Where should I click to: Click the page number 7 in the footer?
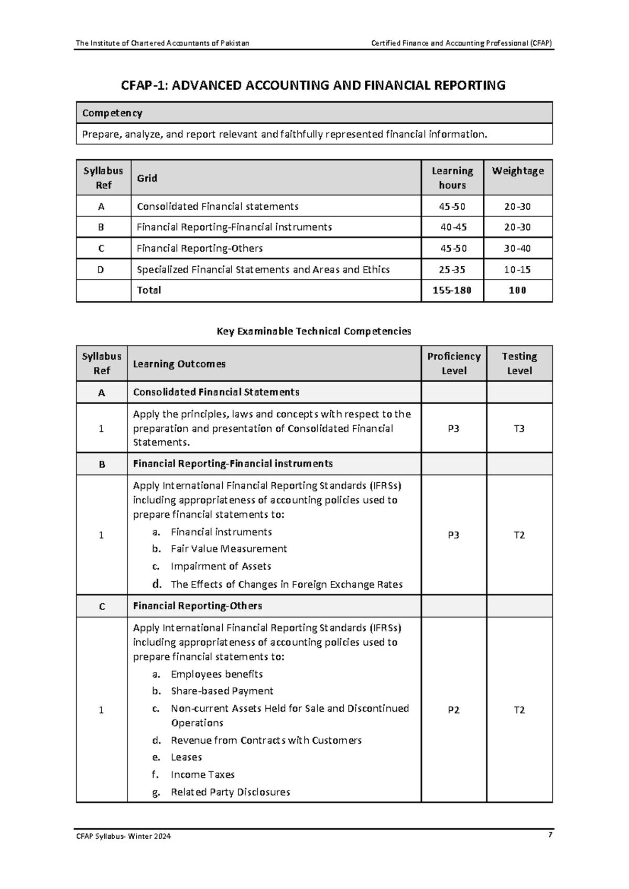tap(550, 835)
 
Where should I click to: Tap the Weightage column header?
tap(517, 171)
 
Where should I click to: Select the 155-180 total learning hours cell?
tap(452, 290)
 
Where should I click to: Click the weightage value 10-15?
tap(517, 270)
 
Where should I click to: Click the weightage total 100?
tap(517, 290)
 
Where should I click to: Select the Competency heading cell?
tap(112, 113)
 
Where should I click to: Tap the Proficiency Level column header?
tap(453, 363)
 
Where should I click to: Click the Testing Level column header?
tap(519, 363)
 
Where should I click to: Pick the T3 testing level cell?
tap(519, 428)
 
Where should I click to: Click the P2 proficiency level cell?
tap(453, 710)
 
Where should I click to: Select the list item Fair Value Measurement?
tap(229, 549)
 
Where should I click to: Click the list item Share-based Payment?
tap(222, 691)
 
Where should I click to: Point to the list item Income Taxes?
tap(202, 774)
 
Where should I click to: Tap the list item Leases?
tap(186, 757)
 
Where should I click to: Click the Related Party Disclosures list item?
tap(230, 792)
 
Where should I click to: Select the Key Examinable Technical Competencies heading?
tap(314, 331)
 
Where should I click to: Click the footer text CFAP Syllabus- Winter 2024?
tap(124, 836)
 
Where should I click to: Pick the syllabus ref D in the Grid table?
tap(101, 270)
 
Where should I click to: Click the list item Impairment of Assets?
tap(221, 566)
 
